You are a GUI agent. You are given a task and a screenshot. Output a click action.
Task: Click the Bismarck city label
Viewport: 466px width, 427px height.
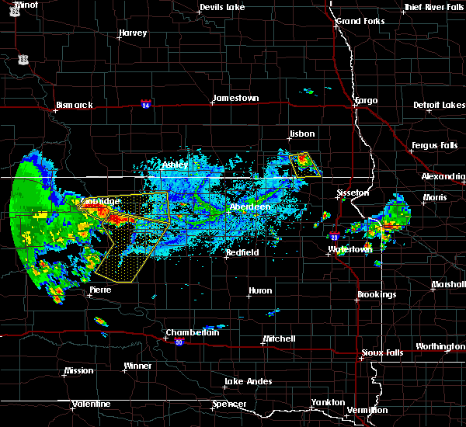(x=75, y=105)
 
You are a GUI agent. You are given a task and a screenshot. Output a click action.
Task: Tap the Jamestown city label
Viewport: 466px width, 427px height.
(x=235, y=98)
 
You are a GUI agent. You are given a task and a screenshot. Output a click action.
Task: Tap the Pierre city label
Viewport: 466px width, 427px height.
(x=100, y=290)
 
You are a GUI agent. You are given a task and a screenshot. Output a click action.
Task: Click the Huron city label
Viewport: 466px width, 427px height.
(x=260, y=291)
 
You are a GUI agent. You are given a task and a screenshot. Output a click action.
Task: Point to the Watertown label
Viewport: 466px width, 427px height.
(x=350, y=249)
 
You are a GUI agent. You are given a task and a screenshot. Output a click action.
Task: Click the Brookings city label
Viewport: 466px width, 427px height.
(x=377, y=294)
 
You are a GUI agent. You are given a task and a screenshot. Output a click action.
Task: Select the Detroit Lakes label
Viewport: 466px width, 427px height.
(x=439, y=105)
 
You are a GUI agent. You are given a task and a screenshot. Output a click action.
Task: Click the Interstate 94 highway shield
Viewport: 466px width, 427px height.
(x=146, y=103)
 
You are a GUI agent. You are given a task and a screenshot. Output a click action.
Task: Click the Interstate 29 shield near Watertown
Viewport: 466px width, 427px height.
(x=334, y=238)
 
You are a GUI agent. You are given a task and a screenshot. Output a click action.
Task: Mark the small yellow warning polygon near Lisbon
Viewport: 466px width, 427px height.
(x=304, y=163)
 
